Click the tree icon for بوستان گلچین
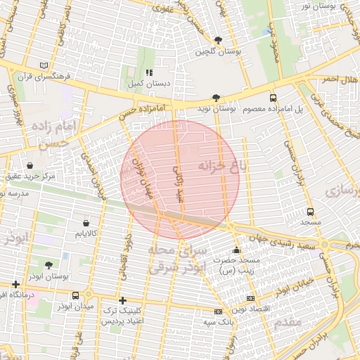tap(219, 40)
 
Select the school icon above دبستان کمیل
tap(148, 72)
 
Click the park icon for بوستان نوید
tap(216, 98)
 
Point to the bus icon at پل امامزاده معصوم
tap(273, 98)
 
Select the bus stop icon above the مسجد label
tap(310, 212)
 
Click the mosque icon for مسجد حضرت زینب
tap(236, 250)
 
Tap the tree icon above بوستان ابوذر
tap(49, 266)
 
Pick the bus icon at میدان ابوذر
tap(88, 295)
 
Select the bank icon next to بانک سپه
tap(218, 311)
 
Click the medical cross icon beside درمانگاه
tap(15, 285)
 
